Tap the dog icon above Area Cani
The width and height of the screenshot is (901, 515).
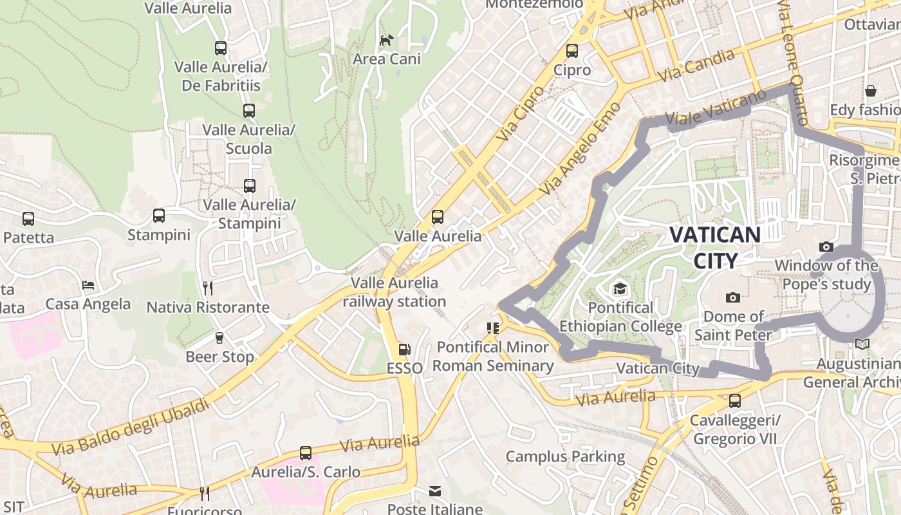click(x=386, y=41)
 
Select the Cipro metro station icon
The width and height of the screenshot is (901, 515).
click(x=572, y=51)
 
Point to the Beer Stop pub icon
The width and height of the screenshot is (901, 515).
click(x=219, y=338)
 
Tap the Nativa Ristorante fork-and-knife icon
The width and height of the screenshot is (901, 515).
click(x=207, y=288)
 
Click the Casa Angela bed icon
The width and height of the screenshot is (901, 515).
click(x=88, y=285)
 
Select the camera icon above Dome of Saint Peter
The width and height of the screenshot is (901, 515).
click(x=732, y=297)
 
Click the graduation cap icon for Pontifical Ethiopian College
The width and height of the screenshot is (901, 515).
click(x=620, y=288)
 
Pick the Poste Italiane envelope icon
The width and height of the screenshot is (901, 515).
click(x=435, y=491)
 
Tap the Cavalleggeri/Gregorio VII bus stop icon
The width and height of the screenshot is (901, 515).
click(x=734, y=402)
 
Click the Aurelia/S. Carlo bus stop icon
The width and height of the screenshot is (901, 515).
click(x=306, y=453)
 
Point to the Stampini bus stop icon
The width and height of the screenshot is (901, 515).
click(x=159, y=216)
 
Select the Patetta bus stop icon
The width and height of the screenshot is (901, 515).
click(x=28, y=219)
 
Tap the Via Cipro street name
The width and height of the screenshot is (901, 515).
click(x=520, y=114)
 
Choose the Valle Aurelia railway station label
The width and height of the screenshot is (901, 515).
click(x=394, y=292)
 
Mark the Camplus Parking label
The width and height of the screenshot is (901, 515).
click(x=565, y=457)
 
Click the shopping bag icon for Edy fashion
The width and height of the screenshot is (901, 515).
click(x=871, y=91)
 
